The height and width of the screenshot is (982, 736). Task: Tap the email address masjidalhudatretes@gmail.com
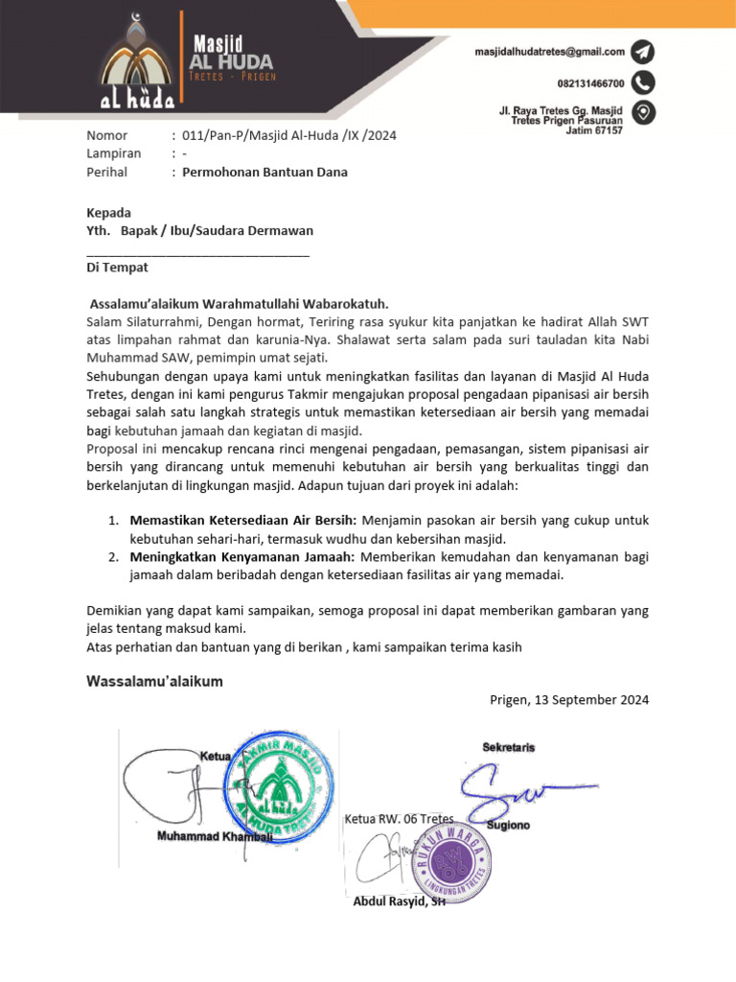pos(549,52)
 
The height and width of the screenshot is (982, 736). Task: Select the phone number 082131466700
pos(590,83)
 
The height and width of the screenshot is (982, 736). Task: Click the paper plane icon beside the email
pos(643,52)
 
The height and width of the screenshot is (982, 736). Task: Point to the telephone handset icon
pos(643,82)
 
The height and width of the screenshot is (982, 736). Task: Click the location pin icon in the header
pos(644,113)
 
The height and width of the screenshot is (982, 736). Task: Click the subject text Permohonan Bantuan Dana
pos(265,173)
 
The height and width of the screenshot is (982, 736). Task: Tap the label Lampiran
pos(113,153)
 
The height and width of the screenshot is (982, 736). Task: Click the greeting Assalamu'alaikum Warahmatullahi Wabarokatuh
pos(239,303)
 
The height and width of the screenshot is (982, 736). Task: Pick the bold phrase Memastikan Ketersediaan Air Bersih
pos(242,520)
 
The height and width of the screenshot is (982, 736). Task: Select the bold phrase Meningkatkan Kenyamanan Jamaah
pos(241,557)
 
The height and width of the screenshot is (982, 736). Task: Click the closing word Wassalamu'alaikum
pos(154,682)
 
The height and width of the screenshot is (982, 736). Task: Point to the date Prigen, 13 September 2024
pos(569,700)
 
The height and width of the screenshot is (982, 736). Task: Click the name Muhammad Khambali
pos(215,837)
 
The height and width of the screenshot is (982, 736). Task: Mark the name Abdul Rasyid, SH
pos(399,901)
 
